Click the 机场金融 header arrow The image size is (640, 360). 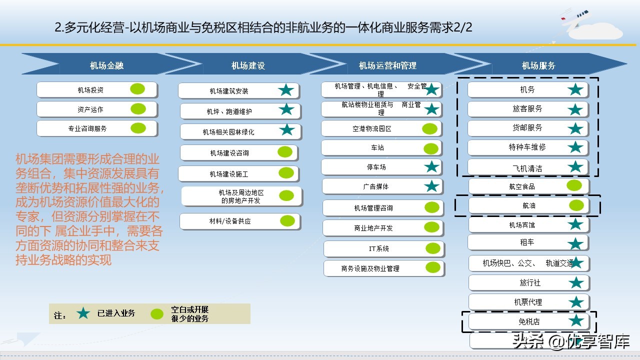pyautogui.click(x=106, y=65)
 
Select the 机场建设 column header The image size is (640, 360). pyautogui.click(x=248, y=65)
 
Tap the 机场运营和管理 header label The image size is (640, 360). pyautogui.click(x=387, y=65)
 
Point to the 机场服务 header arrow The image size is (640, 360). pyautogui.click(x=538, y=65)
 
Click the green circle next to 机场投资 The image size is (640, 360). pyautogui.click(x=137, y=89)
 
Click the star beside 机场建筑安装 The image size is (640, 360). pyautogui.click(x=286, y=90)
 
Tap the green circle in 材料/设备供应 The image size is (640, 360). pyautogui.click(x=287, y=220)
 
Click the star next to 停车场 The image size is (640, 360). pyautogui.click(x=431, y=166)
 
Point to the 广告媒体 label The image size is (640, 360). pyautogui.click(x=375, y=186)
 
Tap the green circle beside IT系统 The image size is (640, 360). pyautogui.click(x=433, y=248)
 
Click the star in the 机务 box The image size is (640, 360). pyautogui.click(x=575, y=89)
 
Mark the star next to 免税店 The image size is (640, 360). pyautogui.click(x=576, y=321)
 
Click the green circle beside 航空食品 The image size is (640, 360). pyautogui.click(x=574, y=185)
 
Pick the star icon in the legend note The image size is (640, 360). pyautogui.click(x=83, y=313)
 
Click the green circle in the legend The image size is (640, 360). pyautogui.click(x=157, y=314)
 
